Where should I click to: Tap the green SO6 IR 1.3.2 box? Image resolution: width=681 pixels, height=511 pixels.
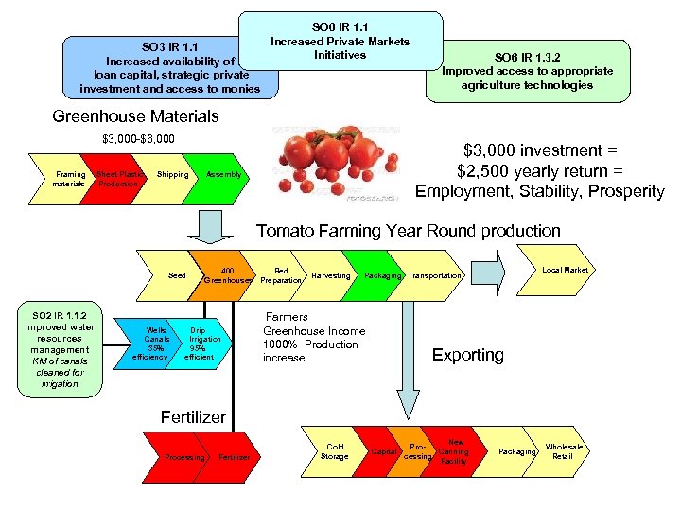[527, 70]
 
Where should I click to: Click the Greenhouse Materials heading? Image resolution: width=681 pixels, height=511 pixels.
[135, 116]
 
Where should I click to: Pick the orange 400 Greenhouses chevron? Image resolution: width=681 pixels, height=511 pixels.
[225, 275]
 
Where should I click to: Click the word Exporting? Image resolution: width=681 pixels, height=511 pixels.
[467, 355]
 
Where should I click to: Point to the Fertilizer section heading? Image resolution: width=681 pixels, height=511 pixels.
[193, 416]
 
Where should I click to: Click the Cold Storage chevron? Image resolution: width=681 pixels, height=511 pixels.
[336, 451]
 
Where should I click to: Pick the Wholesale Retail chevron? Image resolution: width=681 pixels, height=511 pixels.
[565, 451]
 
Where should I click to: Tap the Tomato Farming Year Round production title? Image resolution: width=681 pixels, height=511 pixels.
[409, 231]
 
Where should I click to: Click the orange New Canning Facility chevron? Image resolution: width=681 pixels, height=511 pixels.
[455, 451]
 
